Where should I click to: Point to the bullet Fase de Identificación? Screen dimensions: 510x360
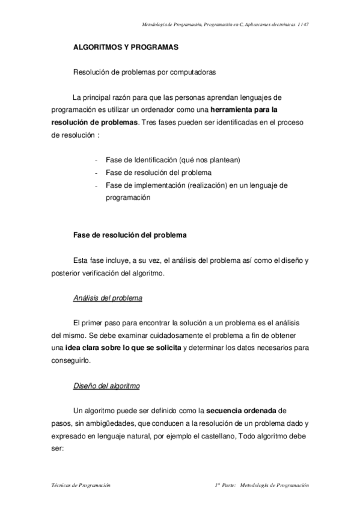tap(172, 160)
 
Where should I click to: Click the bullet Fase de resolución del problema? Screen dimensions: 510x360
tap(157, 173)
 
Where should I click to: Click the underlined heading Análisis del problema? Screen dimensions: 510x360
tap(107, 298)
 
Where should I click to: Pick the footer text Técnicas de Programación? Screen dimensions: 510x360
tap(81, 485)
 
